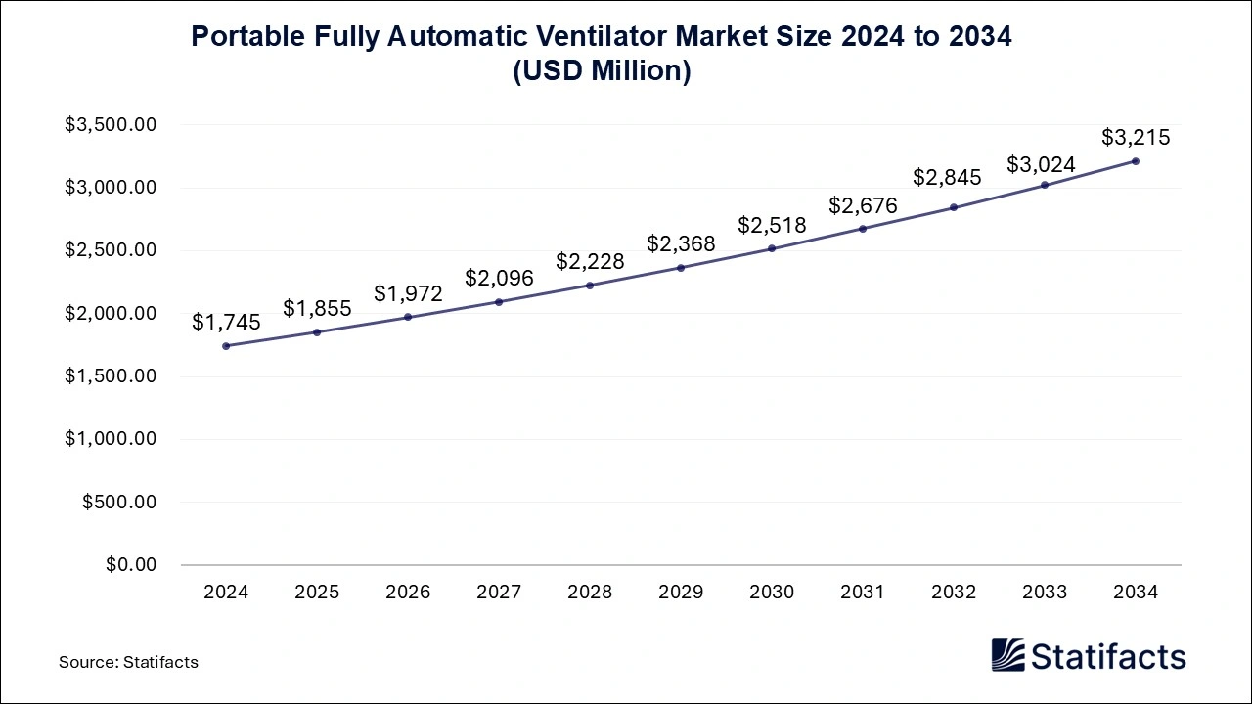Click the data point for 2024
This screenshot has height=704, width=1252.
226,346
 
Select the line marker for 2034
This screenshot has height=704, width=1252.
1136,161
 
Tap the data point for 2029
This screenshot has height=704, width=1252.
681,268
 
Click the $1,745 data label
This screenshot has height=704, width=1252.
226,322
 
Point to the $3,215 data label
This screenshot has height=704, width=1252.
1136,137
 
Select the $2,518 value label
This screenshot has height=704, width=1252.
772,225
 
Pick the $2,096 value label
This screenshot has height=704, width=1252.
499,278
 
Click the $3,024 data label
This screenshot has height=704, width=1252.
1045,164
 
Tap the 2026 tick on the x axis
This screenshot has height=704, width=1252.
408,593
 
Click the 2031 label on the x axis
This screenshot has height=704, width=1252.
863,593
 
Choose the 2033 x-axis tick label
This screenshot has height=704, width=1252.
1045,593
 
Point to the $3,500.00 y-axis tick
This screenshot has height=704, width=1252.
111,125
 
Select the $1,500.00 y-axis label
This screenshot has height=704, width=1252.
111,376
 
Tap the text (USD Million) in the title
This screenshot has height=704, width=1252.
602,71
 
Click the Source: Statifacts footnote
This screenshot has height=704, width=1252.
128,662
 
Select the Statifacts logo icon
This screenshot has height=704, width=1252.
1007,655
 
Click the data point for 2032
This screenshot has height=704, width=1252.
954,207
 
